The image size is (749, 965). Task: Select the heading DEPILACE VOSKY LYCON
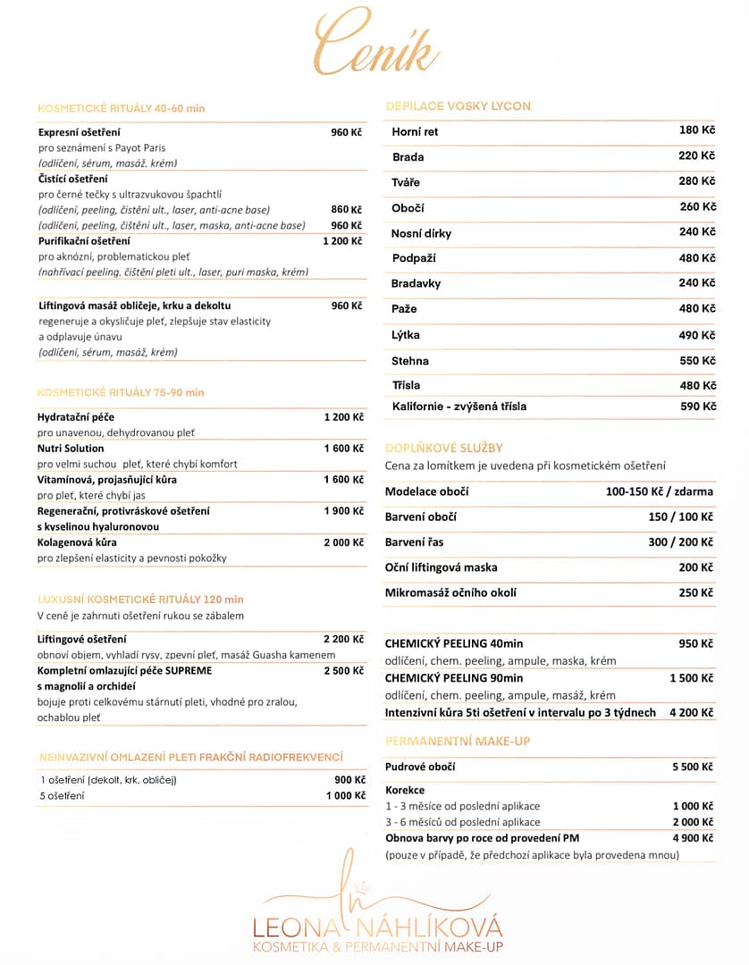[x=458, y=106]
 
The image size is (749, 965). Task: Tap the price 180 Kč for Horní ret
[x=697, y=130]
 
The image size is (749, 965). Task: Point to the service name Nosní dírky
[x=421, y=233]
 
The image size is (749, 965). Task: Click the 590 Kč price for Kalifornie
[x=698, y=407]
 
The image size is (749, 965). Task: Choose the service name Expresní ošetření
[x=79, y=132]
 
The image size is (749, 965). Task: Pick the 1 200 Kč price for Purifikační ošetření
[x=342, y=241]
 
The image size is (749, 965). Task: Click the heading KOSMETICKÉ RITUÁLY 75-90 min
[x=121, y=392]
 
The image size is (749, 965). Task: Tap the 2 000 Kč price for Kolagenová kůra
[x=343, y=542]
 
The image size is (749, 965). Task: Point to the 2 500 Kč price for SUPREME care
[x=343, y=670]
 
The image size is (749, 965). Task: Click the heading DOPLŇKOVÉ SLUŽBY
[x=443, y=448]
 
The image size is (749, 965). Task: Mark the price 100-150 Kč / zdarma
[x=659, y=491]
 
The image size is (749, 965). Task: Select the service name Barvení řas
[x=414, y=541]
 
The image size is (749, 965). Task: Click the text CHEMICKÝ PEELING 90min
[x=454, y=678]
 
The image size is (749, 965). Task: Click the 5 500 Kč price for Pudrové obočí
[x=693, y=767]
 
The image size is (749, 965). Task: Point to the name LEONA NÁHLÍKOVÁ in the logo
[x=377, y=927]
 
